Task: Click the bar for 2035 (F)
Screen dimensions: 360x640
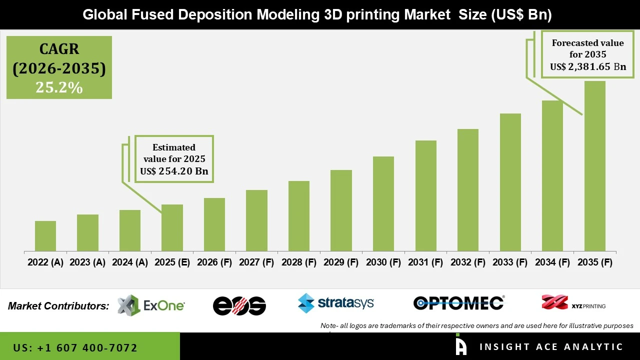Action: [594, 166]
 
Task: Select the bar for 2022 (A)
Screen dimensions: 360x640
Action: [45, 236]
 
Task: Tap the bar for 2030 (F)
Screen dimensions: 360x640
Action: [383, 203]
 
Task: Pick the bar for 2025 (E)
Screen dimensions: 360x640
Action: [172, 227]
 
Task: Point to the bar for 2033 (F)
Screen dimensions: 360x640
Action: [510, 182]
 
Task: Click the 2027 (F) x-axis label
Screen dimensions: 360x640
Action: [256, 262]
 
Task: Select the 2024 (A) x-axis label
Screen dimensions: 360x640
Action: [130, 262]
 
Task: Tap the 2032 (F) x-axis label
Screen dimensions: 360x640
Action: [468, 262]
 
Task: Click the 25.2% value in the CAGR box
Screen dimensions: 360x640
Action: [59, 87]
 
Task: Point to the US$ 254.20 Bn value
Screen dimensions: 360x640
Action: [174, 171]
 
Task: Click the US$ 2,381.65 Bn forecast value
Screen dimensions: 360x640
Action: [588, 67]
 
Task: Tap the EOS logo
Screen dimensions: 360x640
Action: [239, 305]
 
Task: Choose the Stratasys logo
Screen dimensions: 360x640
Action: [335, 303]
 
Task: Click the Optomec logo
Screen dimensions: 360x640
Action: [458, 303]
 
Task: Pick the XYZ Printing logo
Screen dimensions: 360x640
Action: [573, 303]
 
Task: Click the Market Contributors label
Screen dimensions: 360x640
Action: [58, 306]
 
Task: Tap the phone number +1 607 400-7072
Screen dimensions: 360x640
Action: [75, 347]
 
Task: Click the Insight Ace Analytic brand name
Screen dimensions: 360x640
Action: [551, 347]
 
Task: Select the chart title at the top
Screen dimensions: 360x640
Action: [317, 14]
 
